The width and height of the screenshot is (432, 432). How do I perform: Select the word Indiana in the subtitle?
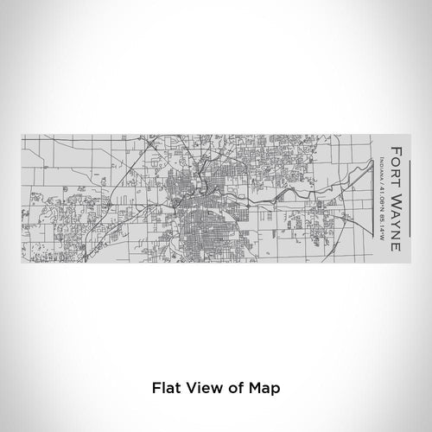[x=380, y=160]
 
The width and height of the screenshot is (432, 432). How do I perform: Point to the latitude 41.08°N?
[x=380, y=191]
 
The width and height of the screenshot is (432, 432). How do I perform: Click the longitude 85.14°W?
[x=380, y=222]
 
